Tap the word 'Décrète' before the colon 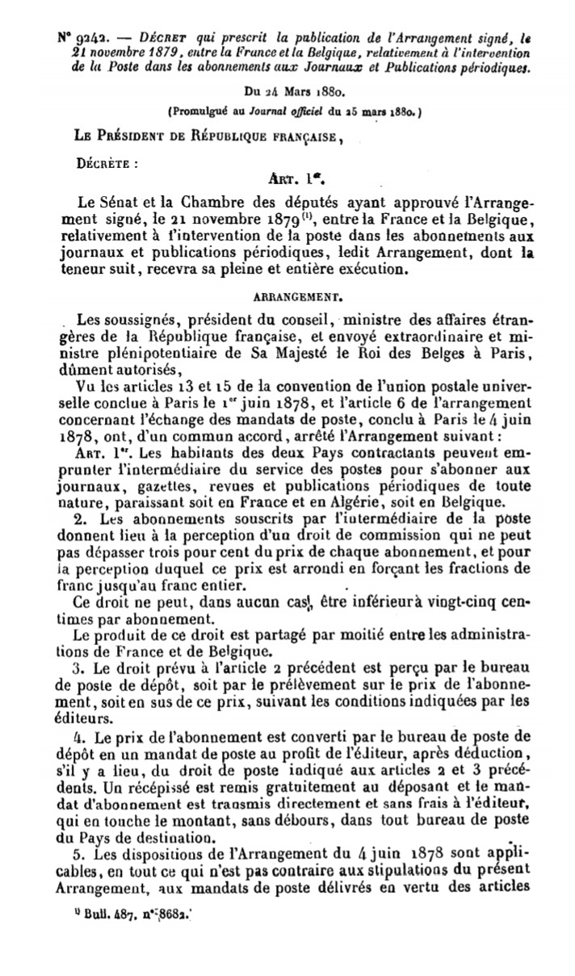102,161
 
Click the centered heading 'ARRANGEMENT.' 287,295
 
